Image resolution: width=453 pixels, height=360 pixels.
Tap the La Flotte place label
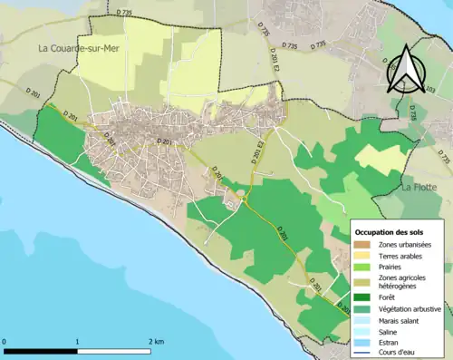click(419, 187)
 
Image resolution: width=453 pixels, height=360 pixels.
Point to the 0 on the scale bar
click(5, 341)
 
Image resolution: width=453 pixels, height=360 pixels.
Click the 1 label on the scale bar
click(77, 341)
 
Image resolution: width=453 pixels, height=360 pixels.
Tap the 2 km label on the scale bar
click(155, 341)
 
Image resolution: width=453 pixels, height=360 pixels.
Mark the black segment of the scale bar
click(42, 350)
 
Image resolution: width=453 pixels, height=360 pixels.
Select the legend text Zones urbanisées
click(404, 245)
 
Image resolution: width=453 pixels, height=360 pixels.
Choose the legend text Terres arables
click(400, 258)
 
